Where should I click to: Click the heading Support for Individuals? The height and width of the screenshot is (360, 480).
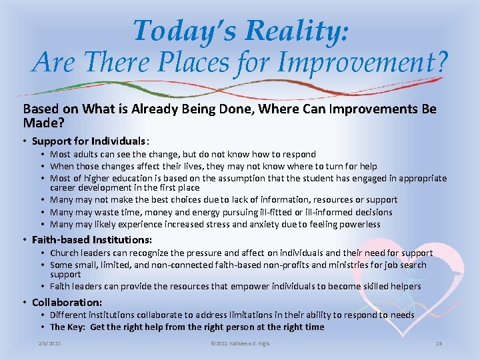(x=91, y=141)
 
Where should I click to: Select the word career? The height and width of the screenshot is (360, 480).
(x=63, y=187)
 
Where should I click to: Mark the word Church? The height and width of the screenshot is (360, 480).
(x=65, y=253)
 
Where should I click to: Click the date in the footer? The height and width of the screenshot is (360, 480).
(x=49, y=343)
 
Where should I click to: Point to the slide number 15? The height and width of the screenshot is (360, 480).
(x=438, y=343)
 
